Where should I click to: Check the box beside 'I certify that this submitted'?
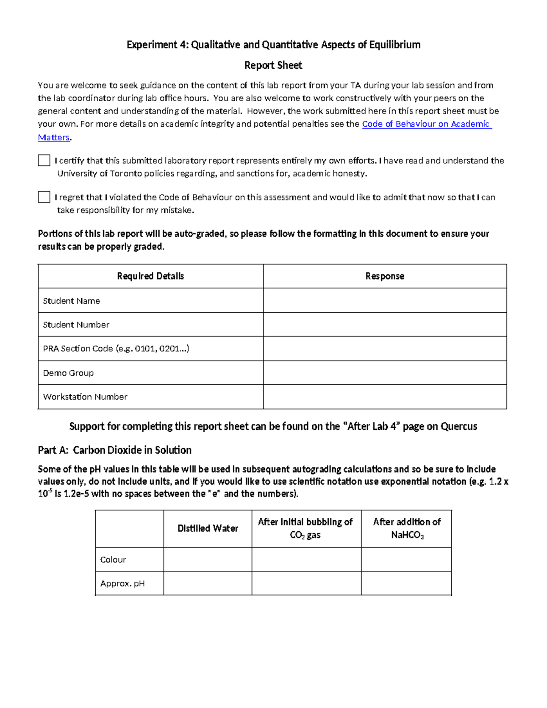(44, 160)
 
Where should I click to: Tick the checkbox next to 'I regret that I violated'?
(44, 197)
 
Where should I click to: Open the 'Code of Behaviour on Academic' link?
(426, 124)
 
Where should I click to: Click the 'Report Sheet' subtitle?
(273, 65)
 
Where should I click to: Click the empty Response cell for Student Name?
(385, 300)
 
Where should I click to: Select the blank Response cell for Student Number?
(385, 325)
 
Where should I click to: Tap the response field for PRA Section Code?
(385, 349)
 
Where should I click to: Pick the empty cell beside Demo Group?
(385, 373)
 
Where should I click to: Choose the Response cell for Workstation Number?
(385, 397)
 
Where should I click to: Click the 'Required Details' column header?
(150, 276)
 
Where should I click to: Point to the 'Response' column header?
(385, 276)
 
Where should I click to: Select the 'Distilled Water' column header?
(208, 528)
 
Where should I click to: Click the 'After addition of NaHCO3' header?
(407, 528)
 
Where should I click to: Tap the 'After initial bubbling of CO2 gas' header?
(305, 528)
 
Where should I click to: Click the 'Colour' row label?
(113, 559)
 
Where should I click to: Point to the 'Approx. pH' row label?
(122, 584)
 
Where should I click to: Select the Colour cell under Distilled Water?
(208, 559)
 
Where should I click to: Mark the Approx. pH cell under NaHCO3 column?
(407, 584)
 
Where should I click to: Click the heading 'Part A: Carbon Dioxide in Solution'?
(114, 450)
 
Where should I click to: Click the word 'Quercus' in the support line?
(459, 426)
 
